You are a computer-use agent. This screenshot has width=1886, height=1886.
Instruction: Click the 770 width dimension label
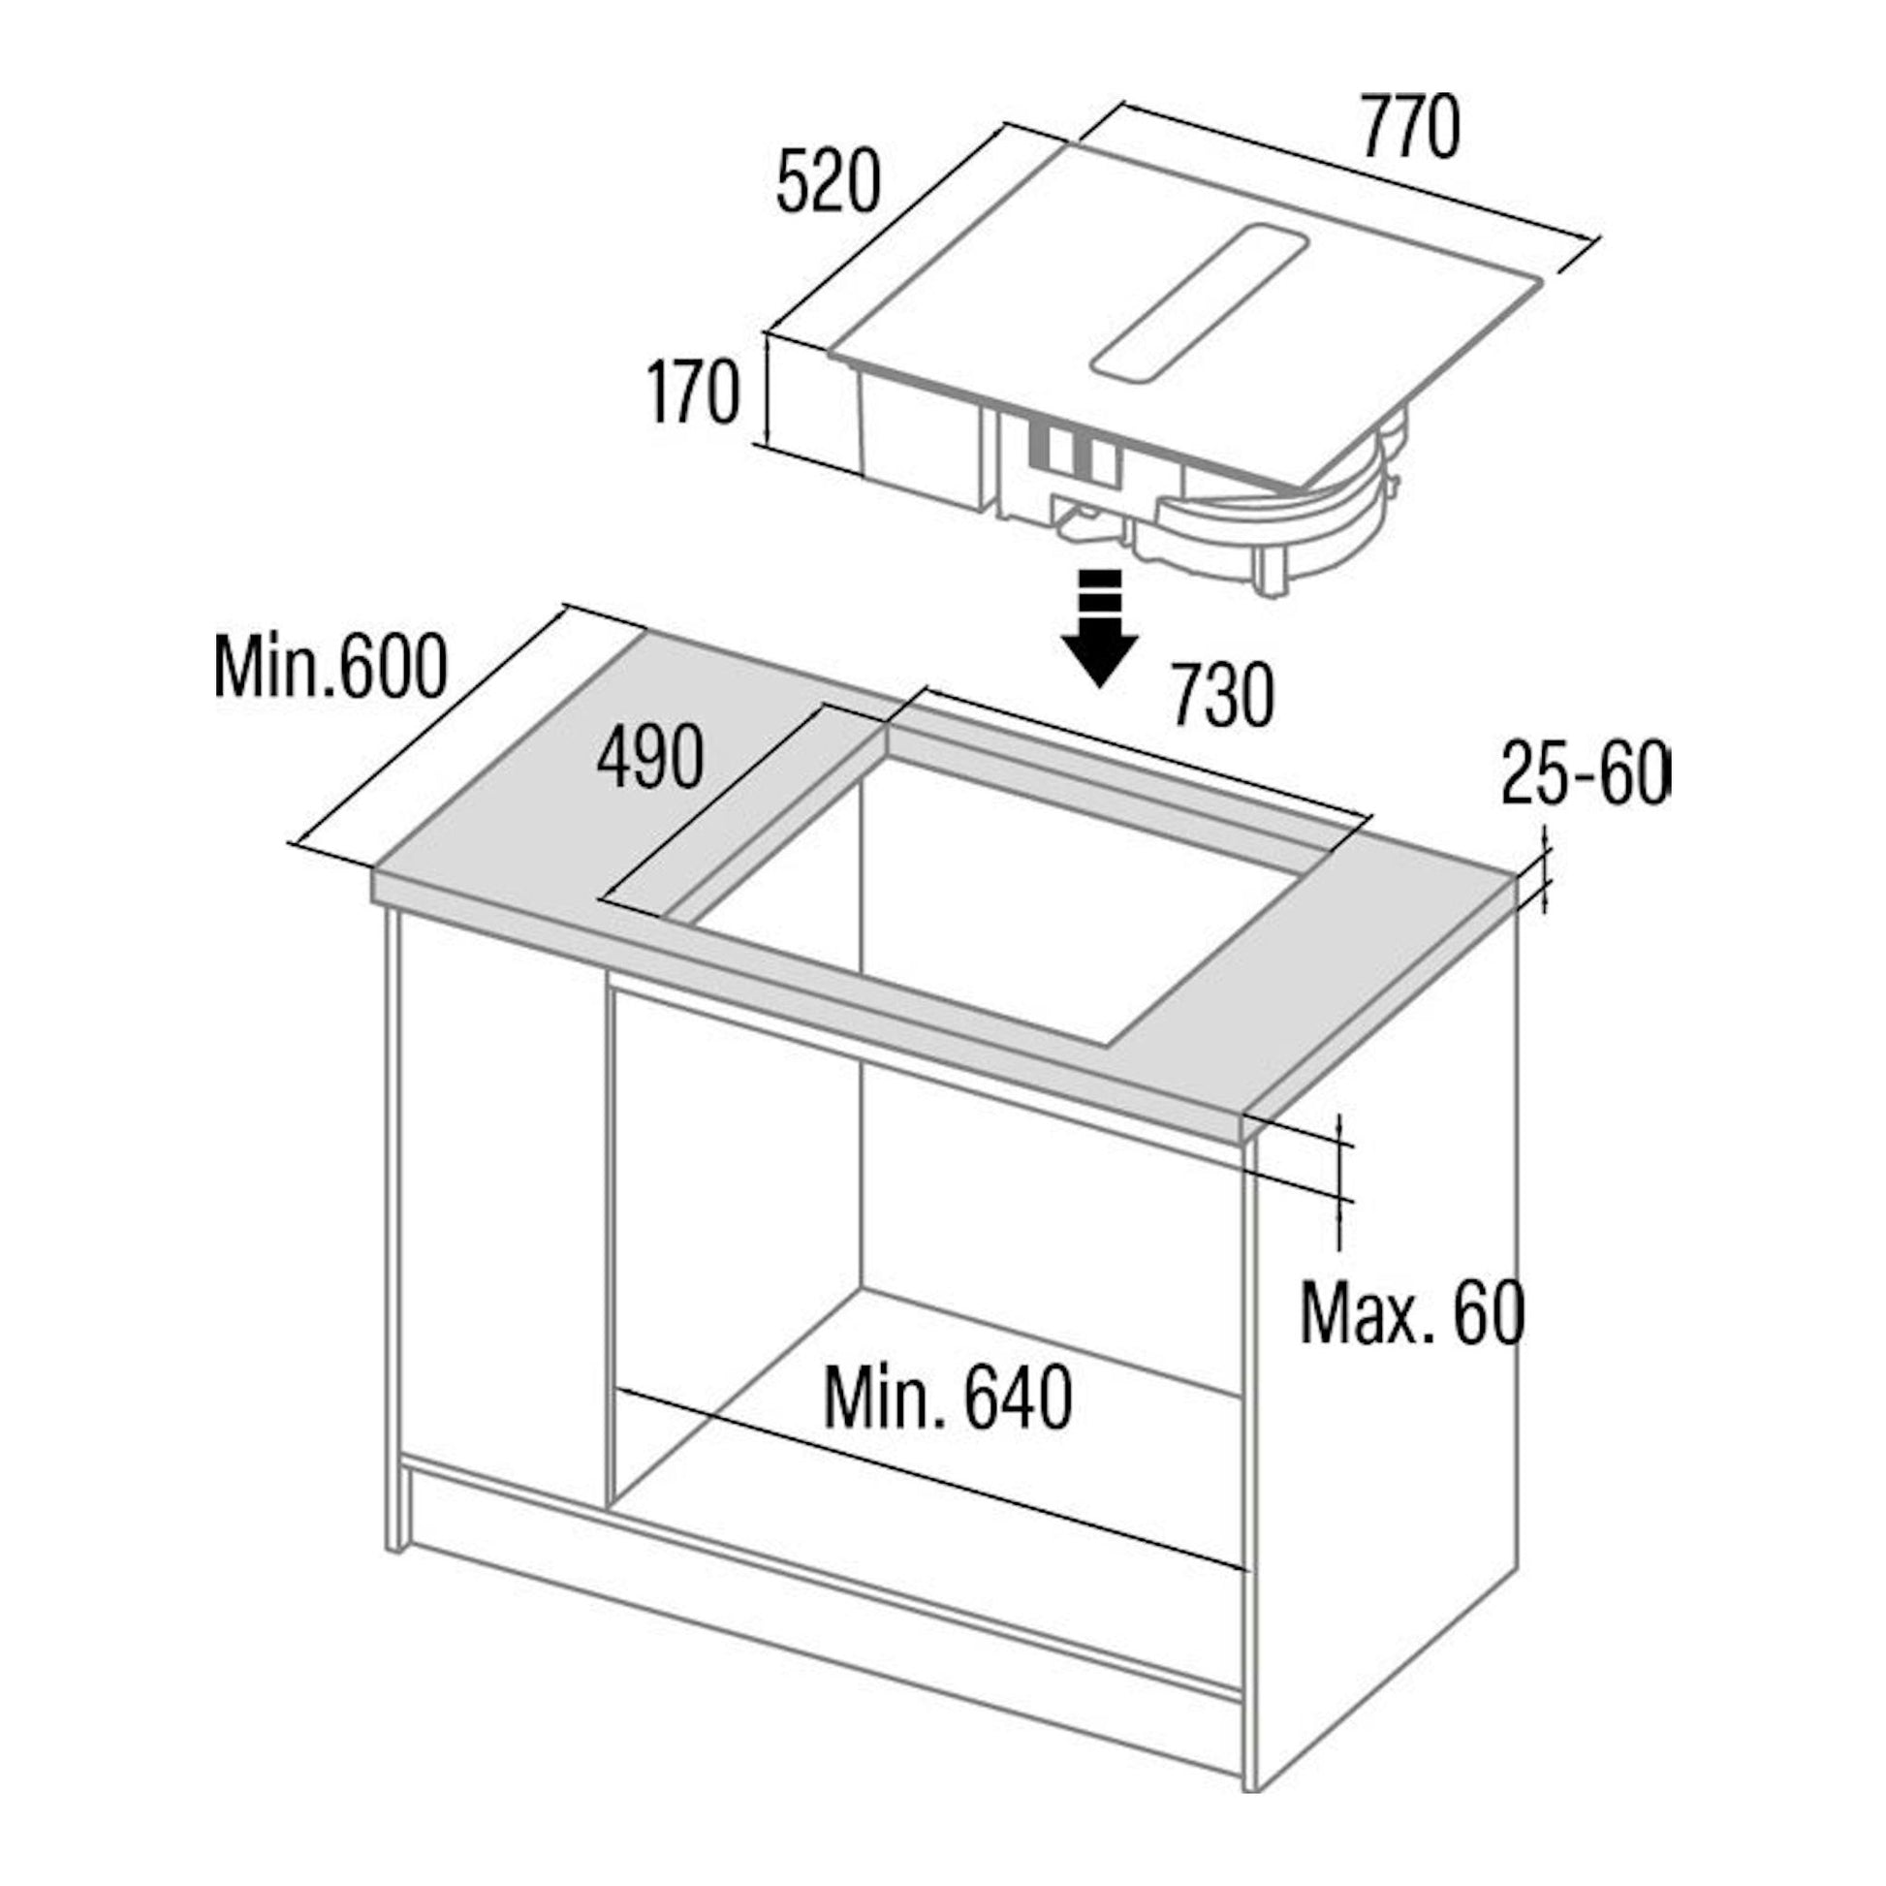[1410, 127]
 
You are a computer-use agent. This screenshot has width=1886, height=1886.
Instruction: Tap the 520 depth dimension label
[828, 181]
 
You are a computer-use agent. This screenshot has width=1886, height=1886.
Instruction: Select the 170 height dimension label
[694, 392]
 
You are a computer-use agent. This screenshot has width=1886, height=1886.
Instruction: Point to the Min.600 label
[330, 667]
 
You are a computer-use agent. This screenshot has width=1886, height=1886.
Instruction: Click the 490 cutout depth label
[650, 758]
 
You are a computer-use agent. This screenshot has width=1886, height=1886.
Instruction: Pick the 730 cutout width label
[1222, 695]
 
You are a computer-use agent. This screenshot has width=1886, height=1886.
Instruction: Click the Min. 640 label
[948, 1398]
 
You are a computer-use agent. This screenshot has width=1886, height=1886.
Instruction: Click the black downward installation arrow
[1100, 630]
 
